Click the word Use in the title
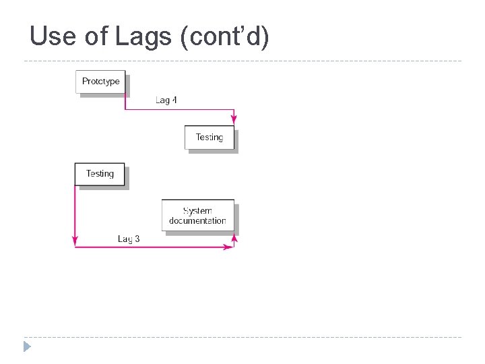pos(54,36)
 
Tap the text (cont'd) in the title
pos(225,36)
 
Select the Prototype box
pos(100,82)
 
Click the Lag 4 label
pos(166,100)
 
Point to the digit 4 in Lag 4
pos(174,100)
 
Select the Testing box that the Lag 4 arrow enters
pos(209,138)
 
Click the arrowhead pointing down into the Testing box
pos(233,121)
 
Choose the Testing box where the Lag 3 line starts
pos(100,174)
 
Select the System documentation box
pos(197,216)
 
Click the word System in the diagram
pos(197,210)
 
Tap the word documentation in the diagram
pos(197,220)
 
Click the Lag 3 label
pos(129,239)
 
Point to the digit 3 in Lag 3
pos(137,239)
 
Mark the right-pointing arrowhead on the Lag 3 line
pos(229,247)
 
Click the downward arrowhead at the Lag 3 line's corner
pos(75,241)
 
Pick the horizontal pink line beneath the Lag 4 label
pos(179,109)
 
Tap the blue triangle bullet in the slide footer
pos(27,347)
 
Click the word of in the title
pos(98,36)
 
